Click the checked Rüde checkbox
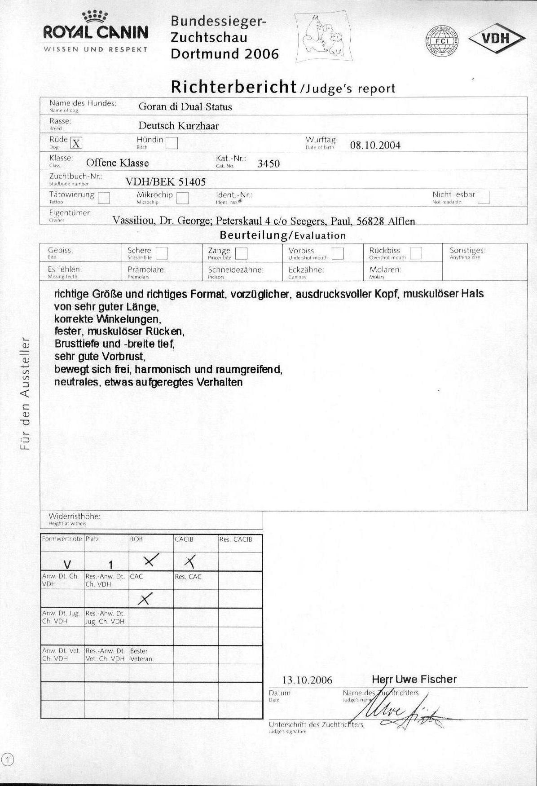click(x=77, y=143)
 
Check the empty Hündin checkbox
click(x=172, y=143)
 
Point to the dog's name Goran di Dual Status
click(x=185, y=107)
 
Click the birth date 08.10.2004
click(x=375, y=145)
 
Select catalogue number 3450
click(x=268, y=163)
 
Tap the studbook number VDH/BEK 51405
click(x=165, y=182)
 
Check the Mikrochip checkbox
click(x=182, y=198)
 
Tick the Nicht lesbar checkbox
click(x=484, y=198)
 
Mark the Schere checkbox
click(x=162, y=253)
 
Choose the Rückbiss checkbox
click(x=416, y=253)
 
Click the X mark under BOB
click(x=151, y=560)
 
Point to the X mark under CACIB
click(x=190, y=561)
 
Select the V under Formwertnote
click(x=67, y=564)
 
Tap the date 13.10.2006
click(x=307, y=680)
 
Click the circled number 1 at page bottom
click(x=8, y=760)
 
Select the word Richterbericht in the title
click(x=234, y=86)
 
